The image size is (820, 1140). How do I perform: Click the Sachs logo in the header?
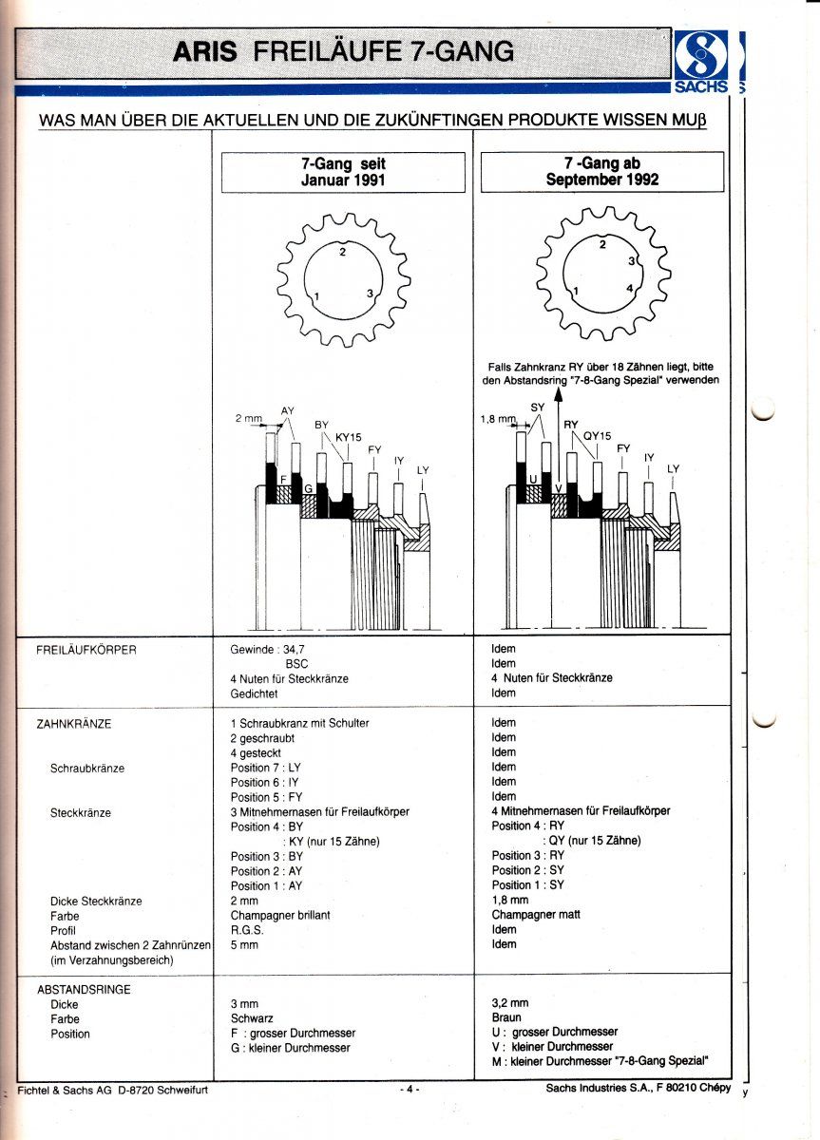click(x=702, y=58)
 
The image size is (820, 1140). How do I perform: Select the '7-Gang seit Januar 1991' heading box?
click(x=343, y=172)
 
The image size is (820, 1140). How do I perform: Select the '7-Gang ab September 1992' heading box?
click(x=602, y=172)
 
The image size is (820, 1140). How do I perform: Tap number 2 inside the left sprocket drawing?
click(x=343, y=252)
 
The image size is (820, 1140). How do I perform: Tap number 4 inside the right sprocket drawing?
click(x=630, y=287)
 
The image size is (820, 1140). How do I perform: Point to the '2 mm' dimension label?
click(x=248, y=418)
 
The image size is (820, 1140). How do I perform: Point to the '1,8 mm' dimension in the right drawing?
click(x=498, y=418)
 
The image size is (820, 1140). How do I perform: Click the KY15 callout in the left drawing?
click(x=349, y=437)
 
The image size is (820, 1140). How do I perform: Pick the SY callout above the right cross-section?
click(x=537, y=407)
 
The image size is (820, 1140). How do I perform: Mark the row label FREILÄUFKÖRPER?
click(x=86, y=650)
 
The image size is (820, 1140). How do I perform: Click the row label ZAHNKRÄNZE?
click(x=73, y=724)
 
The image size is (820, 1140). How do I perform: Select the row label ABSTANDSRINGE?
click(x=84, y=989)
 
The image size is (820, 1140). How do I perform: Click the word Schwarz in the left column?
click(x=252, y=1018)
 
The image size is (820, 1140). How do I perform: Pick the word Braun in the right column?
click(x=506, y=1016)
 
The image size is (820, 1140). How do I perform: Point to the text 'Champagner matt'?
click(x=535, y=915)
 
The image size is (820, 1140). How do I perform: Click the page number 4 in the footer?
click(x=409, y=1090)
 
